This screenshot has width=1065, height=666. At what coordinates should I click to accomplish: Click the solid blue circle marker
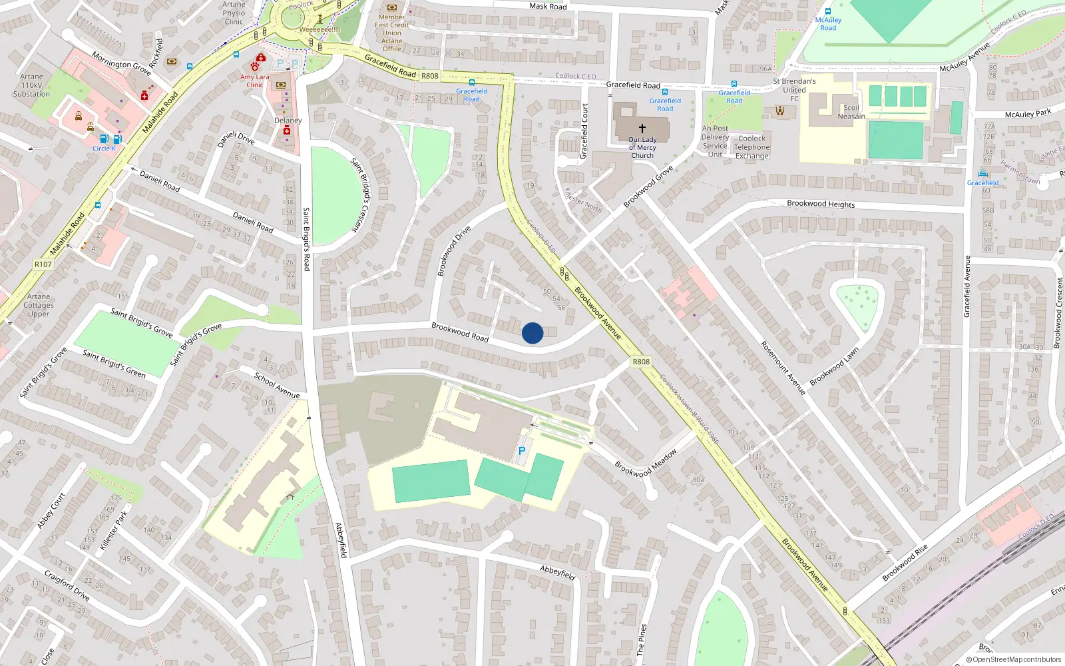[532, 333]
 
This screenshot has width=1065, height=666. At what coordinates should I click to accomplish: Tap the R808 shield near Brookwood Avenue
[640, 362]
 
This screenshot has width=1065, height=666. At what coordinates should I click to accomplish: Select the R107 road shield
[43, 264]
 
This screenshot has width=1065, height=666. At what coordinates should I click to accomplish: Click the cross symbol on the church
[642, 128]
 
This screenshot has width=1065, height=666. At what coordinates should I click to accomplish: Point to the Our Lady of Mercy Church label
[642, 148]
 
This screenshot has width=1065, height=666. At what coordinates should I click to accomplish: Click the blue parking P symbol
[522, 451]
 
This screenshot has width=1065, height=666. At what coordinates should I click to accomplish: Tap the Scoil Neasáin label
[851, 112]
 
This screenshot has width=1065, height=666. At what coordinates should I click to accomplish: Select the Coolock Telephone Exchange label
[751, 147]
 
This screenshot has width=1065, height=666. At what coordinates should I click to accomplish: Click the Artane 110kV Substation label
[31, 85]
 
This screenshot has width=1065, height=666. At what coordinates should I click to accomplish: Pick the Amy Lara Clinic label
[255, 81]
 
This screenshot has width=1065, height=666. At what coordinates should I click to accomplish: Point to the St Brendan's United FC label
[794, 90]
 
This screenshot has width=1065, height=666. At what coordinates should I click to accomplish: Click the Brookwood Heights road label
[821, 204]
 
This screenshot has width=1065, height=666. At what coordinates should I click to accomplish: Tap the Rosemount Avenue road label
[783, 368]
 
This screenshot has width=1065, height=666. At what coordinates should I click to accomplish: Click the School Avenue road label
[277, 386]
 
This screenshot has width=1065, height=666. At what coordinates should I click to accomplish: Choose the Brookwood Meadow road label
[646, 463]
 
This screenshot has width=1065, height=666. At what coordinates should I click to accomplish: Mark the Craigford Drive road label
[67, 585]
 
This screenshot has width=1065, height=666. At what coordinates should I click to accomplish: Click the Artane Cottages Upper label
[39, 305]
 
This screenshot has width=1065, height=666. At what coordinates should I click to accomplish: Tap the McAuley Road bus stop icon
[828, 11]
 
